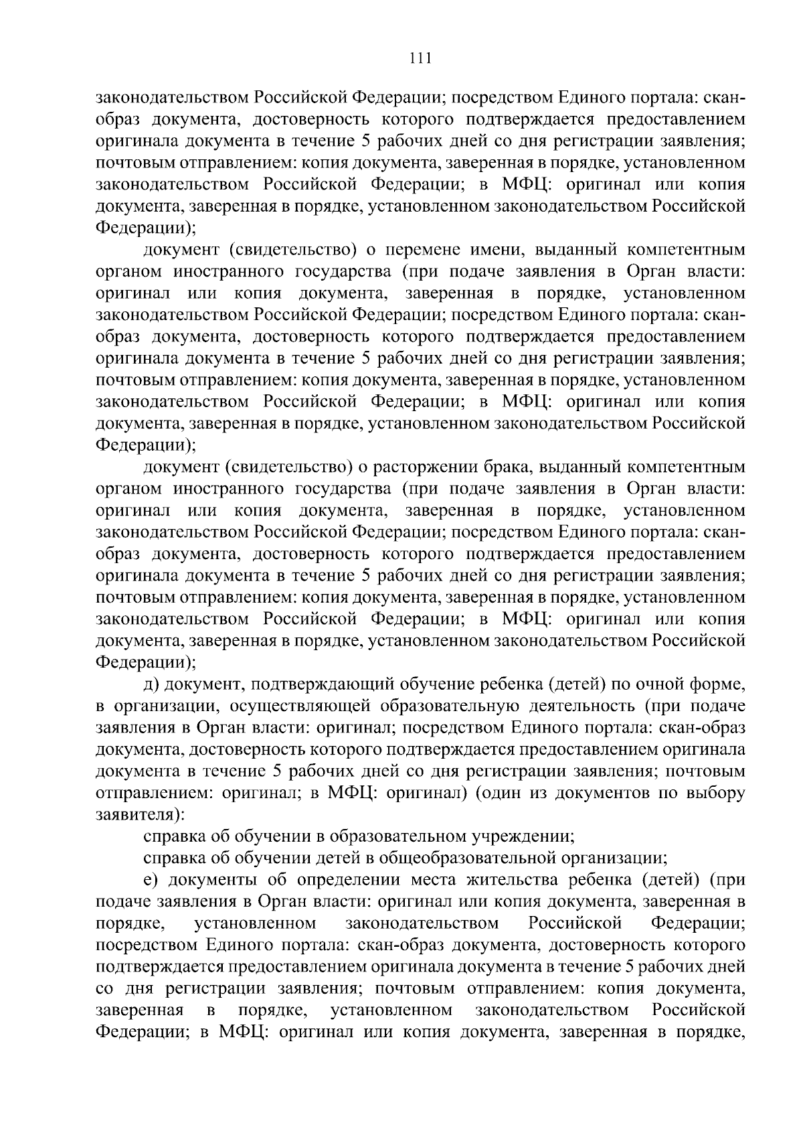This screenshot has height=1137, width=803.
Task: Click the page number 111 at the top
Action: pyautogui.click(x=420, y=58)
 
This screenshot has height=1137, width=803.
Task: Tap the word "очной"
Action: pyautogui.click(x=653, y=684)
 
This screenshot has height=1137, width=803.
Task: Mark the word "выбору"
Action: pyautogui.click(x=716, y=793)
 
